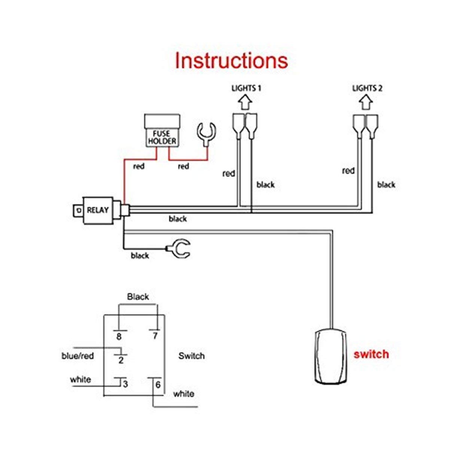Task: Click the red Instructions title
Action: point(231,61)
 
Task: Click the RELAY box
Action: point(98,210)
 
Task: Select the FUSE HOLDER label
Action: point(162,137)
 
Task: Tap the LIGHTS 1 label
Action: point(246,88)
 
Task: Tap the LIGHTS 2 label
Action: point(367,88)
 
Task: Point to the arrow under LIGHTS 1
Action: point(245,102)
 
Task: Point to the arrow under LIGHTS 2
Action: point(366,102)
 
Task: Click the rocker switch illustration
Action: point(331,356)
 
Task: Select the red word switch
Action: point(371,354)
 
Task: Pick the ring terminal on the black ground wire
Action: point(179,248)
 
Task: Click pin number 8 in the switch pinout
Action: point(119,336)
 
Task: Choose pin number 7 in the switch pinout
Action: point(155,336)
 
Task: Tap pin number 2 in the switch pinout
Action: point(121,361)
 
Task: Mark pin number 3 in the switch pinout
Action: point(125,384)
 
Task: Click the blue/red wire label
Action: point(77,356)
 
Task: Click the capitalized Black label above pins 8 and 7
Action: point(138,297)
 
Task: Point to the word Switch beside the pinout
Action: point(192,356)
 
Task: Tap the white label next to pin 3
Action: point(80,379)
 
